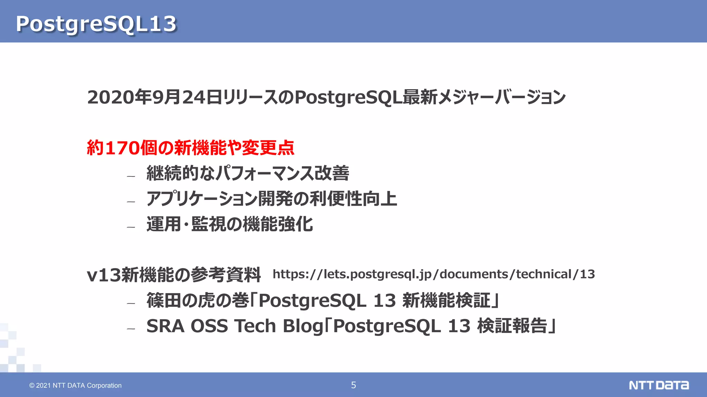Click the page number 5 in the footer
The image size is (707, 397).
pyautogui.click(x=353, y=385)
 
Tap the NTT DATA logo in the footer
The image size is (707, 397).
pyautogui.click(x=658, y=385)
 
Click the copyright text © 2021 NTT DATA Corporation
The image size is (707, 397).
pyautogui.click(x=75, y=385)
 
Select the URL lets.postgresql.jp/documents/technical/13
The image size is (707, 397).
pyautogui.click(x=434, y=274)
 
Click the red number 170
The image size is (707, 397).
pyautogui.click(x=123, y=148)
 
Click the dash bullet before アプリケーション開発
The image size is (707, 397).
pyautogui.click(x=131, y=202)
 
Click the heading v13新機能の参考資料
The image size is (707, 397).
pyautogui.click(x=174, y=275)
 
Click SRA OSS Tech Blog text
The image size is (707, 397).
pyautogui.click(x=235, y=326)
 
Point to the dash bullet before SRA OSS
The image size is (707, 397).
pyautogui.click(x=131, y=329)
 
